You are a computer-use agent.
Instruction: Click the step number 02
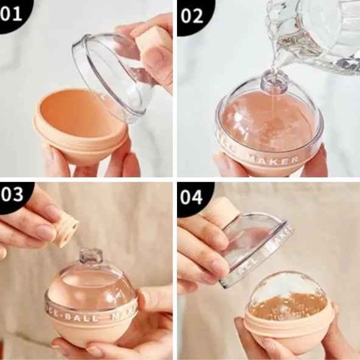[x=192, y=15]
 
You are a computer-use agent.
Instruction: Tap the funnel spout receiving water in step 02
[x=270, y=81]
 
